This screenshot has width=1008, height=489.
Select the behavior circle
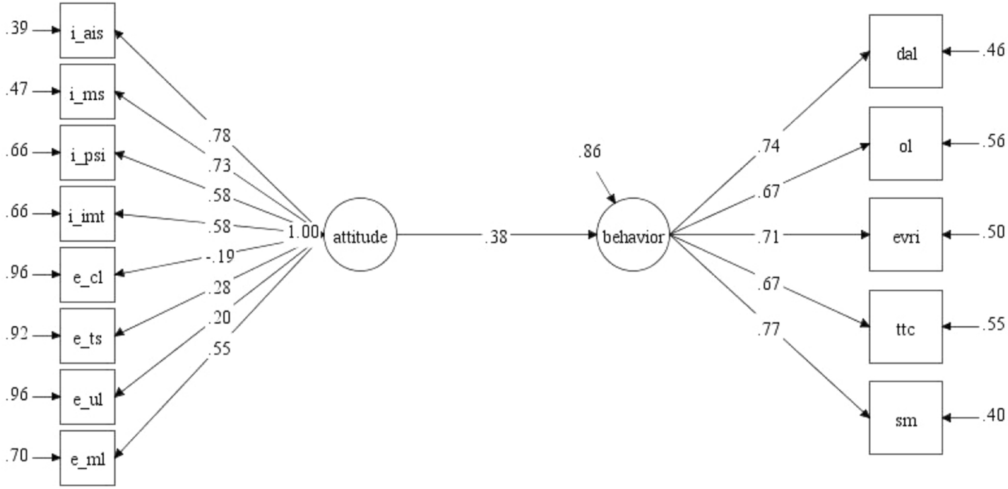coord(632,235)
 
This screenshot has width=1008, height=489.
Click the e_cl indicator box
coord(87,274)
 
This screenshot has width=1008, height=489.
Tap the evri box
coord(906,235)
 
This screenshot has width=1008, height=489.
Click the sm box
coord(906,418)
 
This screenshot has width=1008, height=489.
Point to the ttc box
coord(906,327)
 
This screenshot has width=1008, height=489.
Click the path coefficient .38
coord(496,236)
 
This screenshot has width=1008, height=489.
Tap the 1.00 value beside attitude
coord(302,233)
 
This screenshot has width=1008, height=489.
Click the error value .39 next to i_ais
coord(15,31)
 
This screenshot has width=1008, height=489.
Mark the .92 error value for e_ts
coord(15,334)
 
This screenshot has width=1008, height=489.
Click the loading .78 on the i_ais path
coord(219,135)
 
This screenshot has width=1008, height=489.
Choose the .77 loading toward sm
coord(767,330)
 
